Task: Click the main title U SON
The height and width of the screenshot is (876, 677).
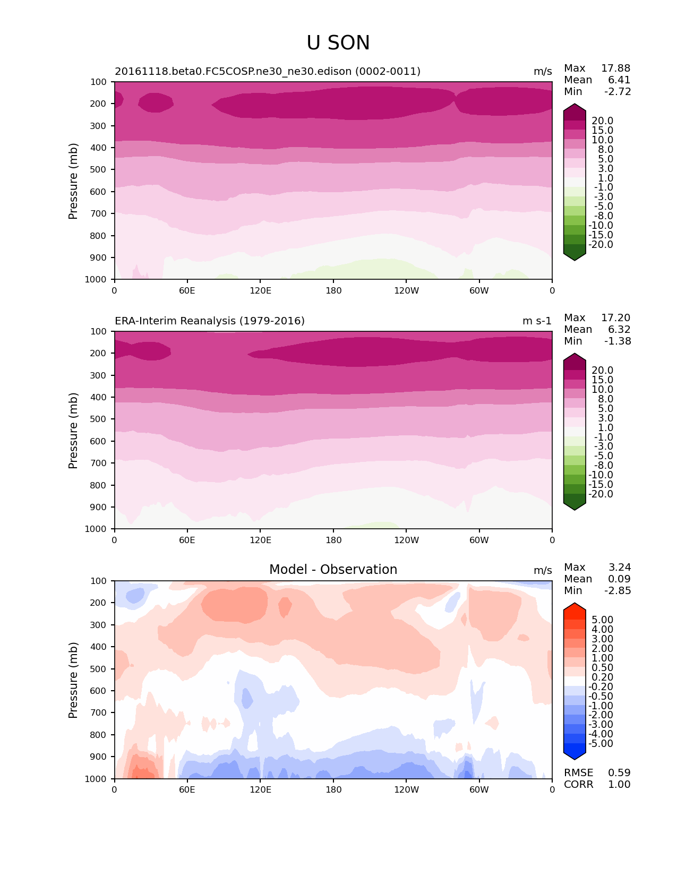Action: [338, 43]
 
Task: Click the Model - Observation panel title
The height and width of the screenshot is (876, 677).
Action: [333, 570]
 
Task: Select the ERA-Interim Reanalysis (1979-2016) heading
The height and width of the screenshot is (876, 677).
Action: [210, 321]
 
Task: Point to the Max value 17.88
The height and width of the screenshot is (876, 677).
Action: [615, 68]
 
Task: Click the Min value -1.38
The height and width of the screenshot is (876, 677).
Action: [618, 341]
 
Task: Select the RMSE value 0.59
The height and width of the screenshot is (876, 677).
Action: [619, 772]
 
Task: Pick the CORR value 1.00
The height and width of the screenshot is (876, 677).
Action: [619, 784]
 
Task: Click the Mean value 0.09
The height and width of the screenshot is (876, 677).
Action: [619, 579]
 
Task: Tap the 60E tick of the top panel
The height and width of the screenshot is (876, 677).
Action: [187, 290]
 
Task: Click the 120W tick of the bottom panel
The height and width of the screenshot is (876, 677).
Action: [406, 789]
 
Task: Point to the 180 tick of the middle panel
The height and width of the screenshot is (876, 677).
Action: [333, 540]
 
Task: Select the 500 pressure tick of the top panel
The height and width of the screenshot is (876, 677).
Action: [99, 169]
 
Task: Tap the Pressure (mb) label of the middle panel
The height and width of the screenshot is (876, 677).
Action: [73, 431]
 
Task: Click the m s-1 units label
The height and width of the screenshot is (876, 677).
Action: [537, 321]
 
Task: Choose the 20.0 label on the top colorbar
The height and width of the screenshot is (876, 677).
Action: [603, 121]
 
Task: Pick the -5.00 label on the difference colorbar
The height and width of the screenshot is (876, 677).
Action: [601, 743]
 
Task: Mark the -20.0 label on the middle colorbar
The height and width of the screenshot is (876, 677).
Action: [601, 494]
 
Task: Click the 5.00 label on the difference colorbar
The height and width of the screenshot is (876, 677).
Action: [603, 620]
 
